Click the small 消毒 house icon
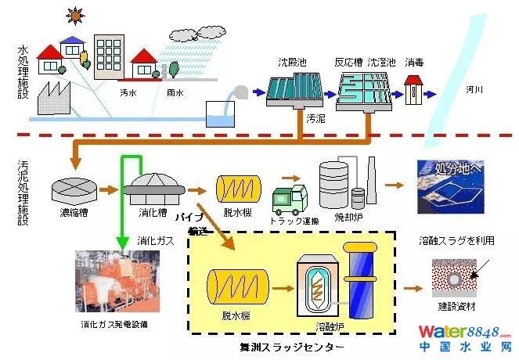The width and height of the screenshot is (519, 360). tap(413, 91)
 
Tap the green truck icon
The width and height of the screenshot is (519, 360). tap(289, 199)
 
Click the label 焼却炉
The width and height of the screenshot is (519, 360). tap(344, 216)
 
